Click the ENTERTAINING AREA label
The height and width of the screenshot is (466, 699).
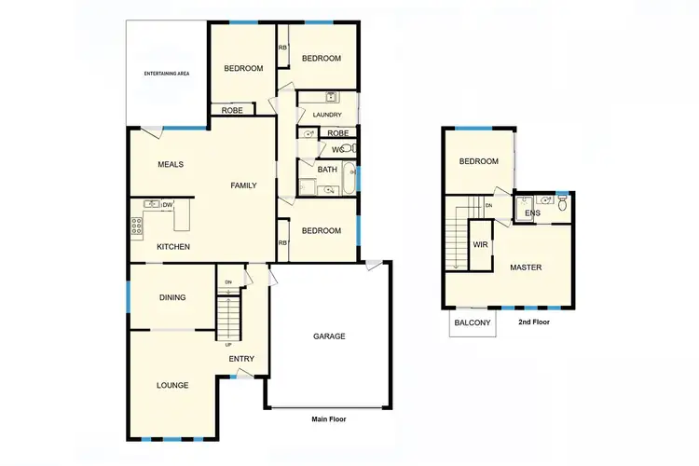(x=167, y=73)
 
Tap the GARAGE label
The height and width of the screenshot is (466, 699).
(x=329, y=336)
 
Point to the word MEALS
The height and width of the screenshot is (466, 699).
(x=171, y=165)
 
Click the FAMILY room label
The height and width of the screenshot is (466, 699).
(x=243, y=185)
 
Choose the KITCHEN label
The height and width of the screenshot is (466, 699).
(x=173, y=247)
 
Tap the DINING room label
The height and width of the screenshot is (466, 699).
(x=172, y=298)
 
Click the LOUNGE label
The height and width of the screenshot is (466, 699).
(x=172, y=385)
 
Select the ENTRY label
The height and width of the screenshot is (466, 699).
(x=241, y=359)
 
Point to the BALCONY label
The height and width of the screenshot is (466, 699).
(x=472, y=323)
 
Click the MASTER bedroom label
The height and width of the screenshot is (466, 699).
(x=525, y=268)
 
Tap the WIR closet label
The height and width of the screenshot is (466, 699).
(x=481, y=245)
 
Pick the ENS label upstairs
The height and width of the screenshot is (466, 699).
(x=532, y=213)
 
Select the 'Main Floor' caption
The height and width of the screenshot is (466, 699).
(x=328, y=419)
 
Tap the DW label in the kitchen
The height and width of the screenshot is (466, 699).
(x=169, y=205)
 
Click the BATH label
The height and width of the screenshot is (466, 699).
(x=327, y=170)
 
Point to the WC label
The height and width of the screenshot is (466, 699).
(x=337, y=149)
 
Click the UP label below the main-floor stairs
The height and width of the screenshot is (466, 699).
(x=228, y=344)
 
